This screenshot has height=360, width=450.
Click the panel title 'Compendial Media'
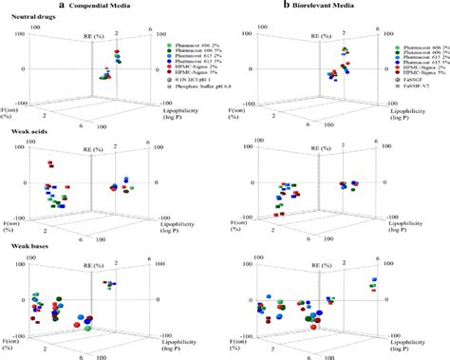click(125, 6)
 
